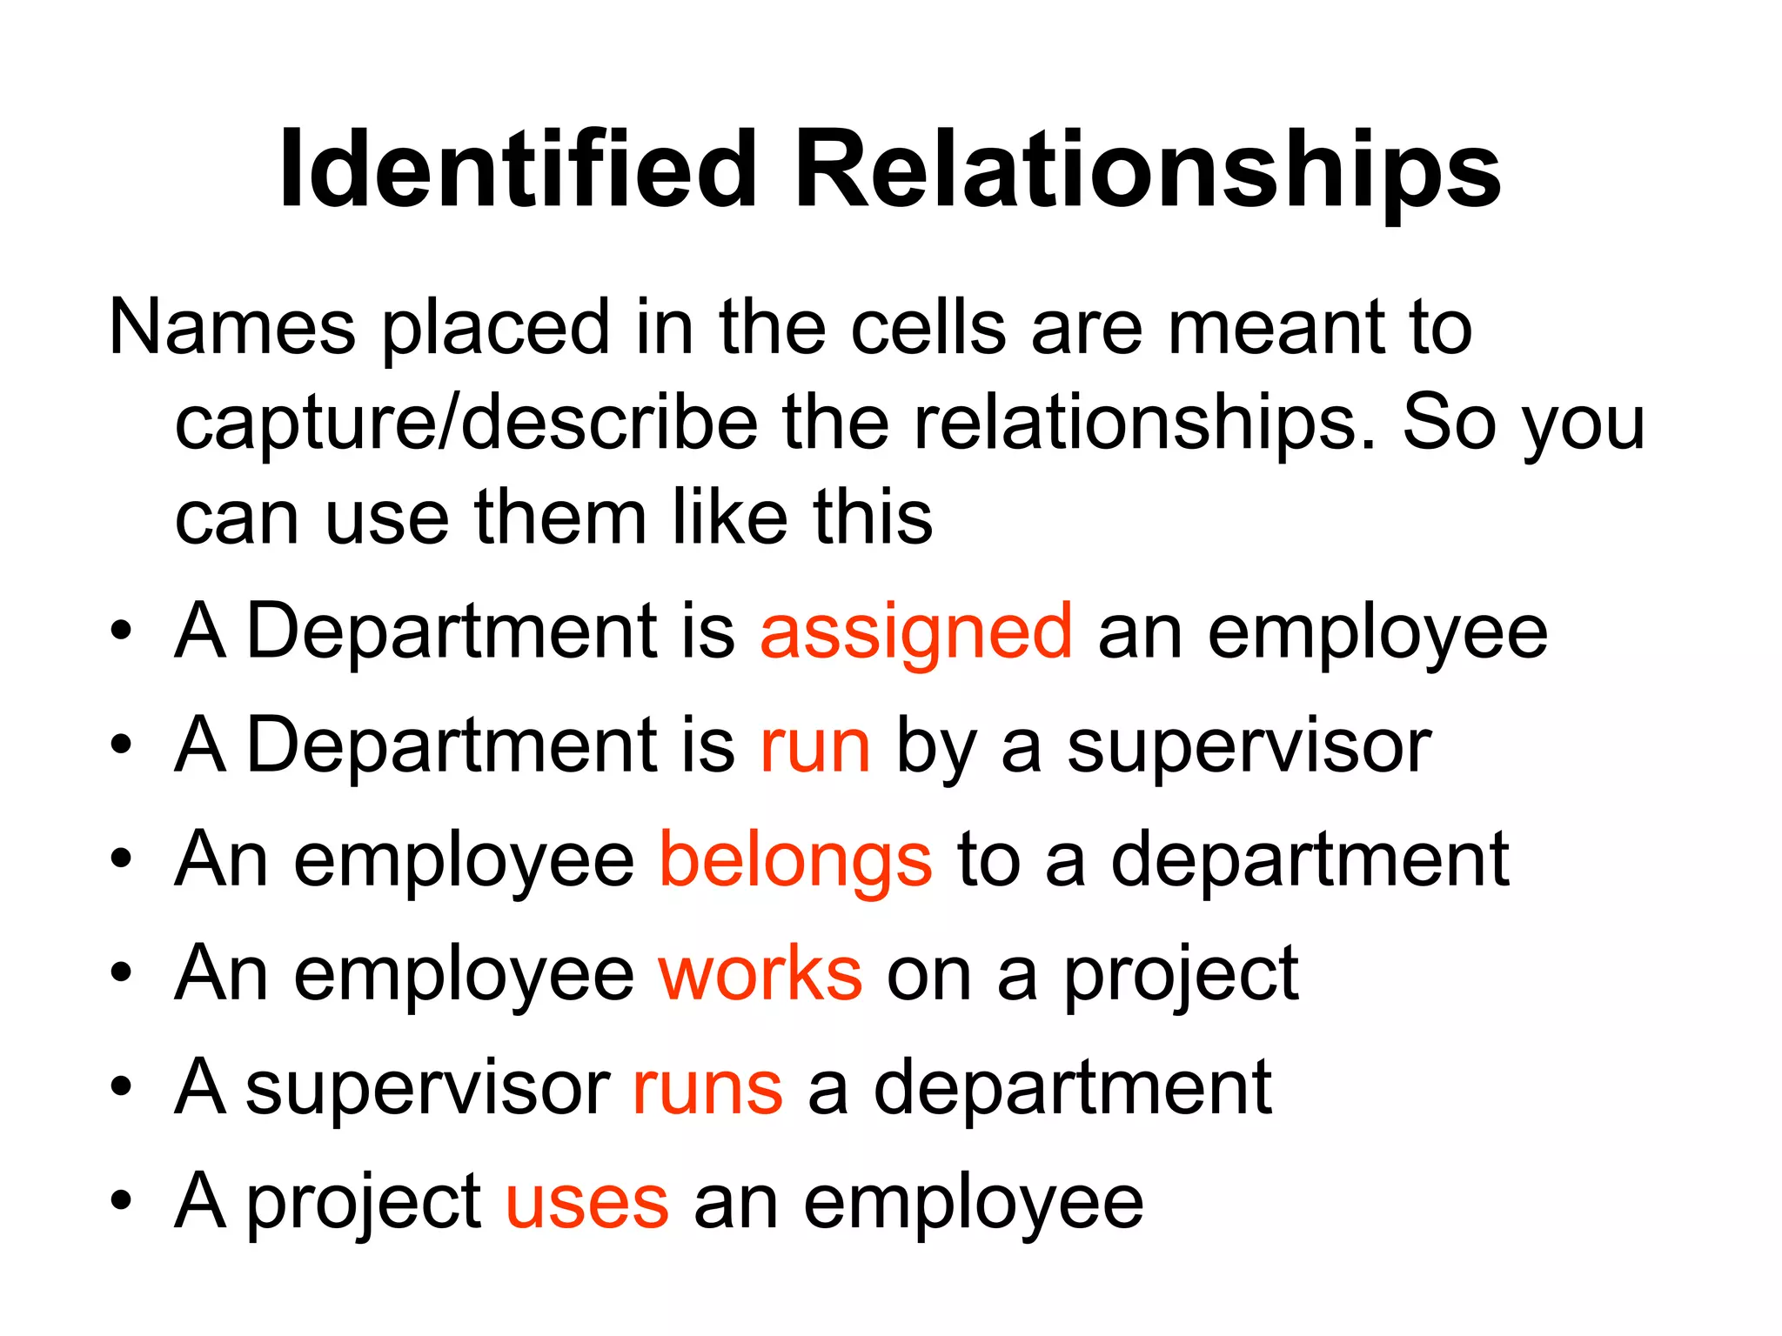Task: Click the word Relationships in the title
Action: pos(1148,172)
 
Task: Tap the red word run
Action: pos(814,746)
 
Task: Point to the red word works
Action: pos(760,974)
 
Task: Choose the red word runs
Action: pos(707,1088)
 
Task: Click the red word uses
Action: pos(586,1202)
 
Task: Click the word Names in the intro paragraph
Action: pos(232,328)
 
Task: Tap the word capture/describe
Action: pos(466,423)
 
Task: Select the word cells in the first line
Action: pos(928,328)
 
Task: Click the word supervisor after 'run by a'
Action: pos(1249,746)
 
